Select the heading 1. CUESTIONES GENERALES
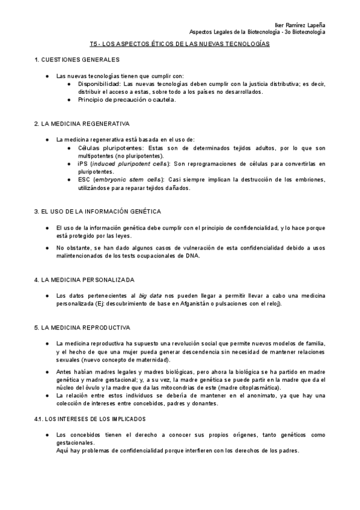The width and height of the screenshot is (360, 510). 77,60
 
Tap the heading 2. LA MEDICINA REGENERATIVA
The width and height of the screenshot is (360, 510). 82,124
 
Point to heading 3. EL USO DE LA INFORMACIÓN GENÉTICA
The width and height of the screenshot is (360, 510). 97,212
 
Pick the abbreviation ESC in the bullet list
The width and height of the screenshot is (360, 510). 85,179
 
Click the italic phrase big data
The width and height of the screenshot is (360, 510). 151,296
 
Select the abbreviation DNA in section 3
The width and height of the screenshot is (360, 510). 192,256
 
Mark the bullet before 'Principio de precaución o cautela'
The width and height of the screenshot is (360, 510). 70,100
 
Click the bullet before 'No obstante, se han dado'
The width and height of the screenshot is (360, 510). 48,248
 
